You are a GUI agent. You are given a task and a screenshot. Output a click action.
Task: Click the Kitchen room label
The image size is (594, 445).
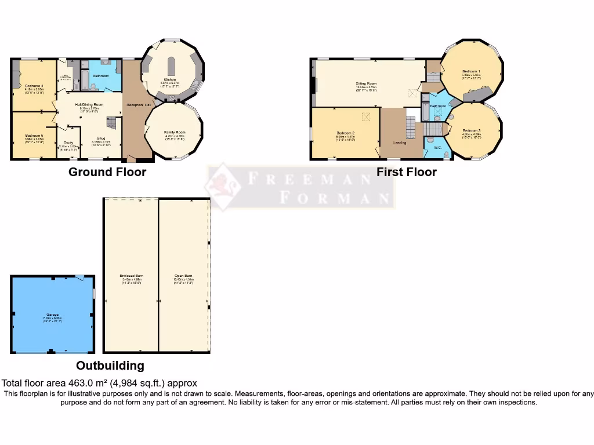(170, 80)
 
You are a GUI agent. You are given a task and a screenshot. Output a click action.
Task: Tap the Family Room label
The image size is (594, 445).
(174, 132)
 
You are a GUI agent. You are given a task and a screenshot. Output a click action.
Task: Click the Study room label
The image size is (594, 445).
(68, 142)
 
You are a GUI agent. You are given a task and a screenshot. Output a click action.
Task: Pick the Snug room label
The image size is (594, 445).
(101, 138)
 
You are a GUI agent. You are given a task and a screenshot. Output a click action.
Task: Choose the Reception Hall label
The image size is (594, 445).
(135, 104)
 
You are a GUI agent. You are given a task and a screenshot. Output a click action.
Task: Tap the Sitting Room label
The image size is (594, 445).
(366, 84)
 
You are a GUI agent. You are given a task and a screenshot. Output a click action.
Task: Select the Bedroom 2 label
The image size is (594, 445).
(345, 133)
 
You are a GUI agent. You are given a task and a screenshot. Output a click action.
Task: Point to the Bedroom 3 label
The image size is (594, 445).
(472, 130)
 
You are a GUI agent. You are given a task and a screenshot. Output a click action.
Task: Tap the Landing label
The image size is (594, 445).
(400, 142)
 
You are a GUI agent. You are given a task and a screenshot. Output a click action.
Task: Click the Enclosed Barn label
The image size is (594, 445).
(131, 275)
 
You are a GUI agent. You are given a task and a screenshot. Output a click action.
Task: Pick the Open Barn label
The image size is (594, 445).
(184, 275)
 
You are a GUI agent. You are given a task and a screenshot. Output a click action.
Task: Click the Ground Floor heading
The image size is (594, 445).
(107, 172)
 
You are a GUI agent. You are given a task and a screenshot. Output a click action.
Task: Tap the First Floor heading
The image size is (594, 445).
(406, 172)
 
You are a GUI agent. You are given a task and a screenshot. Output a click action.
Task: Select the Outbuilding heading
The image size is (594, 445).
(110, 366)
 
